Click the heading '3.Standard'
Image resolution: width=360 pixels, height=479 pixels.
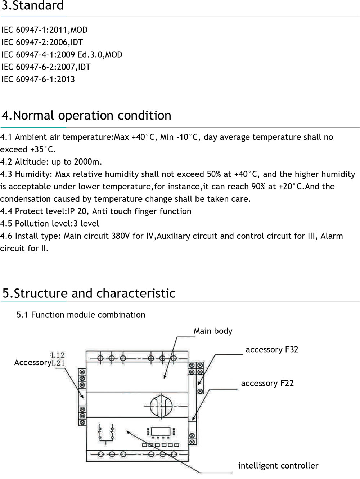coord(32,6)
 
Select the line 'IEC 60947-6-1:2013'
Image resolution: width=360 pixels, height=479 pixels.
coord(38,79)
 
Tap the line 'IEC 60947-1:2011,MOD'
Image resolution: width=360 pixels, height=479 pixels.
coord(44,30)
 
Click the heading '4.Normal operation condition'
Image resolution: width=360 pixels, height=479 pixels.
coord(86,116)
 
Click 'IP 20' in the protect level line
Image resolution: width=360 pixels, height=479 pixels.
coord(77,211)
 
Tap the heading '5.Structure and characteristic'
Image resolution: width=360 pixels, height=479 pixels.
coord(89,294)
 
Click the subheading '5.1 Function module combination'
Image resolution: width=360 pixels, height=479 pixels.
coord(81,315)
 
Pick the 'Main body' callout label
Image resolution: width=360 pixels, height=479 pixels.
coord(213,331)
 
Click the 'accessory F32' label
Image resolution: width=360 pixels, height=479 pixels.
coord(272,350)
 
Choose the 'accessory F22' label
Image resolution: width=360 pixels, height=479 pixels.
coord(267,383)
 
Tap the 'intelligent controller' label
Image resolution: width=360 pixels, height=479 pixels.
coord(278,466)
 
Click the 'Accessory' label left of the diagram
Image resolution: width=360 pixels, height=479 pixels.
coord(32,362)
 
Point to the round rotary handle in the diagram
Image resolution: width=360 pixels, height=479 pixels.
coord(161,406)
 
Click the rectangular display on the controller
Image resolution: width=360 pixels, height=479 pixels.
coord(161,431)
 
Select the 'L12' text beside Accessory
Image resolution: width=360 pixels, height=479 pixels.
coord(58,355)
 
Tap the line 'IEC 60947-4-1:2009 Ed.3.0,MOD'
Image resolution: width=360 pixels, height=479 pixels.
coord(62,54)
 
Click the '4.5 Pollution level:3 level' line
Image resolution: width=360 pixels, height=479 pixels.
coord(49,223)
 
